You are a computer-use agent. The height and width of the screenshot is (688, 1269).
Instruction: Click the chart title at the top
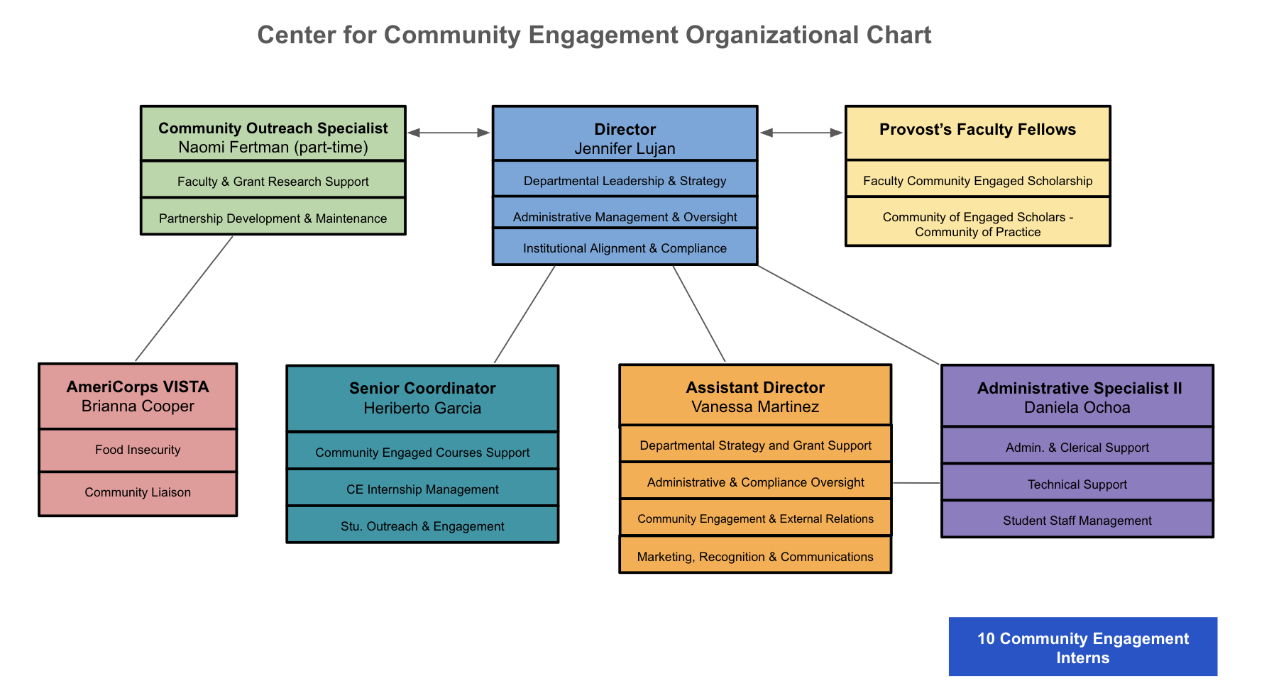coord(594,35)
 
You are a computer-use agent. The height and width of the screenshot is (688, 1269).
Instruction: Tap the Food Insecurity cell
coord(138,450)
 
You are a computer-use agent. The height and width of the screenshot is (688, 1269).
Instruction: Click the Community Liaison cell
coord(138,492)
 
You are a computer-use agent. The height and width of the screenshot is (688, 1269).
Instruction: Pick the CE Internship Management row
coord(422,489)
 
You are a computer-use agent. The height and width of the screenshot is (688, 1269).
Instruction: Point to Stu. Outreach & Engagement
coord(422,526)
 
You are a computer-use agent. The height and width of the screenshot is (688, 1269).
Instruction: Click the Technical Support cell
coord(1077,484)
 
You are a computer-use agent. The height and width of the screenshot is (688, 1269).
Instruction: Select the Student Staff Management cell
coord(1077,521)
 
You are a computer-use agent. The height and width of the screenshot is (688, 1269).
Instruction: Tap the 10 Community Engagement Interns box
coord(1082,647)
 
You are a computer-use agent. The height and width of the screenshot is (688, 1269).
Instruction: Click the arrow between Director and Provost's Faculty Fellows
coord(801,133)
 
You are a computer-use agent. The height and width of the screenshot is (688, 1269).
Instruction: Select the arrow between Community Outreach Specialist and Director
coord(449,133)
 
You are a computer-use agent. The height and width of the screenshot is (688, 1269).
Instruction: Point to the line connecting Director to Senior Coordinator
coord(524,314)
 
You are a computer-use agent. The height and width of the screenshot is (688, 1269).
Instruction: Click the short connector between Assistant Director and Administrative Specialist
coord(916,483)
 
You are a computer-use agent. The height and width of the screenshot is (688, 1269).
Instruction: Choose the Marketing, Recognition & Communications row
coord(755,557)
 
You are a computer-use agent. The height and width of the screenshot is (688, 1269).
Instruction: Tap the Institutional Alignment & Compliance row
coord(625,248)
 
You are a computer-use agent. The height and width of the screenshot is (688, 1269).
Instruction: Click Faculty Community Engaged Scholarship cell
coord(977,181)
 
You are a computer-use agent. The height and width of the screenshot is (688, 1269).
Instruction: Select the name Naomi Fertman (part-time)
coord(273,148)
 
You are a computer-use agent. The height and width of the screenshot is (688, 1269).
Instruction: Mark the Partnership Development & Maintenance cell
coord(273,218)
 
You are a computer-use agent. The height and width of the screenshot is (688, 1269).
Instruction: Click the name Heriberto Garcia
coord(422,409)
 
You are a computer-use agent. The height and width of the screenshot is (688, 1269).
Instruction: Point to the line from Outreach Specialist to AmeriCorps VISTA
coord(185,298)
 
